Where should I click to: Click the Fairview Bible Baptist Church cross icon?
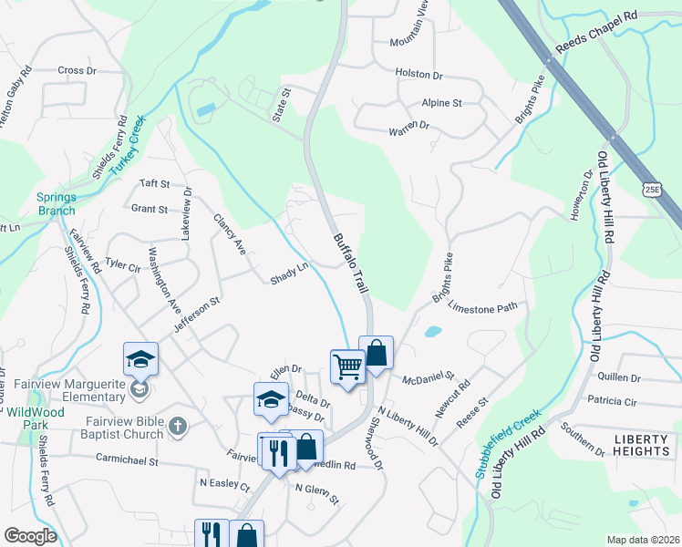178,426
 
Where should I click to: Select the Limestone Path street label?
482,309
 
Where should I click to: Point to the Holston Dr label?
418,72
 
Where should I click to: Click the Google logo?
30,536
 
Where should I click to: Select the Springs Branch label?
56,202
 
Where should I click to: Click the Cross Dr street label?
77,70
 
